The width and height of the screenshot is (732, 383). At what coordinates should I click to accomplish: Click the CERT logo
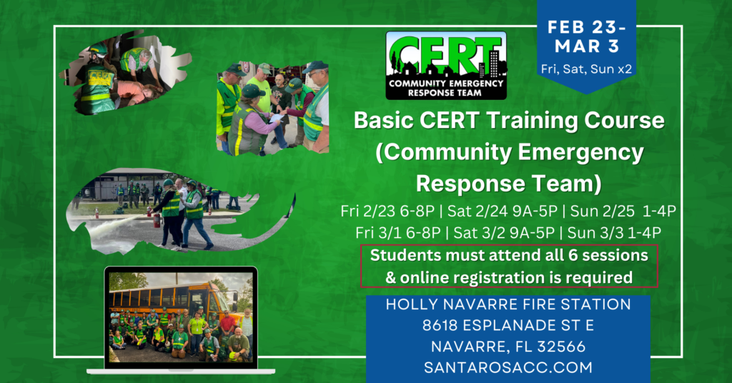pyautogui.click(x=446, y=65)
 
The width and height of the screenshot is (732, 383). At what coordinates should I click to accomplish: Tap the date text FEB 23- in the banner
pyautogui.click(x=586, y=28)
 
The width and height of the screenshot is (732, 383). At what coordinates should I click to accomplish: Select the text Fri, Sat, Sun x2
pyautogui.click(x=586, y=69)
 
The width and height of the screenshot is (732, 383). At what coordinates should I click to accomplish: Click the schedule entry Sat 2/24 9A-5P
pyautogui.click(x=503, y=212)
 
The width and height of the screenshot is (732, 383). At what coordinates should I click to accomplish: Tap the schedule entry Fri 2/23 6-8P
pyautogui.click(x=387, y=212)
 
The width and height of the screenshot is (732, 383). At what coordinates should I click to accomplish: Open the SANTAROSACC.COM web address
pyautogui.click(x=508, y=367)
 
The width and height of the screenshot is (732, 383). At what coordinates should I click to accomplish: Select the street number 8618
pyautogui.click(x=440, y=325)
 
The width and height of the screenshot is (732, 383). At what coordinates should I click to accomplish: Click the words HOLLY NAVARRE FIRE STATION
pyautogui.click(x=508, y=304)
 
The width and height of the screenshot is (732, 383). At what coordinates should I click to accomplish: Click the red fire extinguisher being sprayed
pyautogui.click(x=157, y=219)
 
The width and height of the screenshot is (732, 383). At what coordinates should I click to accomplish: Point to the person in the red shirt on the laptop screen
pyautogui.click(x=228, y=325)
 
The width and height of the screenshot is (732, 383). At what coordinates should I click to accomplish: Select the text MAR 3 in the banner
pyautogui.click(x=587, y=46)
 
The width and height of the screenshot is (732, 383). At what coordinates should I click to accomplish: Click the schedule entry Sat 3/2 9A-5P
pyautogui.click(x=500, y=232)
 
